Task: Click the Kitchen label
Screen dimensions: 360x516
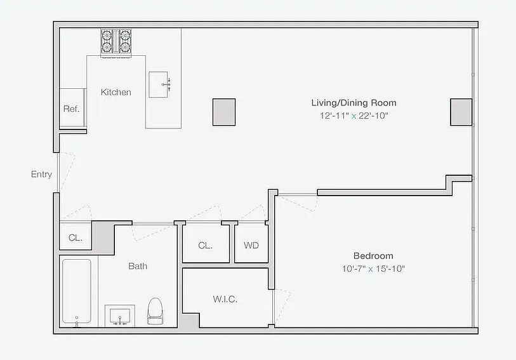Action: point(116,92)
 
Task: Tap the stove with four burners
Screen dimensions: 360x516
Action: point(116,42)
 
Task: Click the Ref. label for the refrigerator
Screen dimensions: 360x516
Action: point(71,109)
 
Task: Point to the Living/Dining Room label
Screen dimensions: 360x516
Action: point(354,102)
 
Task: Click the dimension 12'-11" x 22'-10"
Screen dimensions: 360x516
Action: point(354,116)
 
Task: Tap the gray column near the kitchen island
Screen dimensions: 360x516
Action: point(223,112)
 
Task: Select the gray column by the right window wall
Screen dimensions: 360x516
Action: point(461,112)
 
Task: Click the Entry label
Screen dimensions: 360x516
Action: point(41,175)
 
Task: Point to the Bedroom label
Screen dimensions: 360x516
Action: point(373,255)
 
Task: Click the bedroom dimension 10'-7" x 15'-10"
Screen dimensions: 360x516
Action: point(373,269)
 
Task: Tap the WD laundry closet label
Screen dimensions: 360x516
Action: point(251,245)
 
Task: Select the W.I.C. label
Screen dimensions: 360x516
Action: point(225,299)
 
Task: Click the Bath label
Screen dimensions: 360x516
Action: point(138,266)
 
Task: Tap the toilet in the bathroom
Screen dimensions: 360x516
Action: point(155,311)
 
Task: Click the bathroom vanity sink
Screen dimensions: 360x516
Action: point(120,316)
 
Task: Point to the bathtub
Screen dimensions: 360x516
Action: point(76,291)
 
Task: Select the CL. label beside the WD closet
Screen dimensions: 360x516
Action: point(204,245)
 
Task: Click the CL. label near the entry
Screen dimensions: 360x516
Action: point(76,238)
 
